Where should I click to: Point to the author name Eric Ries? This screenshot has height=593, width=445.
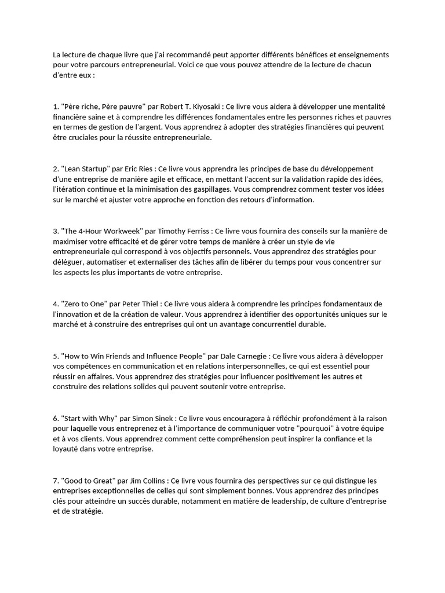[x=140, y=169]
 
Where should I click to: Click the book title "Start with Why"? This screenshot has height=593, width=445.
[x=89, y=419]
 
